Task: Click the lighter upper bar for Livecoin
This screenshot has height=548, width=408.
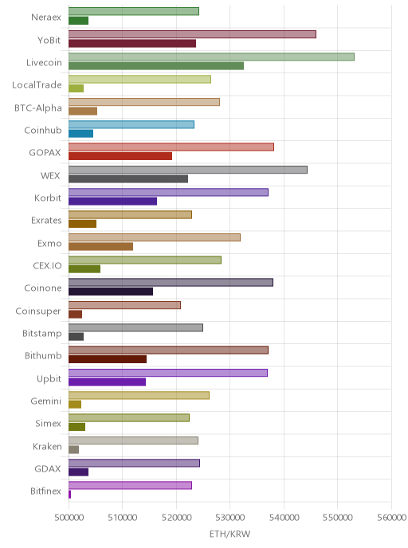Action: pyautogui.click(x=211, y=57)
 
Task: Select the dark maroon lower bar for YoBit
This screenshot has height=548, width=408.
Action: pyautogui.click(x=132, y=43)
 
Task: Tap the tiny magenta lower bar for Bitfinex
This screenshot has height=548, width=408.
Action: pyautogui.click(x=69, y=494)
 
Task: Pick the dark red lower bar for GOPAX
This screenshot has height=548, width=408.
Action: pyautogui.click(x=120, y=156)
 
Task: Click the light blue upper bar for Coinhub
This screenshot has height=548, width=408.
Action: pyautogui.click(x=131, y=124)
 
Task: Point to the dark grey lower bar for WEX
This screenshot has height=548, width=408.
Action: pyautogui.click(x=128, y=178)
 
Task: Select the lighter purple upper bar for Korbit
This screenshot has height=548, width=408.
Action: pyautogui.click(x=168, y=192)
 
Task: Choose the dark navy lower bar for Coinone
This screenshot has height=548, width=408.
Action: pyautogui.click(x=111, y=292)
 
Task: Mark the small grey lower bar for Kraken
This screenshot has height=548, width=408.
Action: pyautogui.click(x=73, y=449)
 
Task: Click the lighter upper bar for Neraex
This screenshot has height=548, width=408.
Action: pyautogui.click(x=134, y=11)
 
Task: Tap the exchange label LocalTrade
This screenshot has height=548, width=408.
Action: pyautogui.click(x=37, y=85)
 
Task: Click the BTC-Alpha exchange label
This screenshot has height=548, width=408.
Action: pyautogui.click(x=38, y=108)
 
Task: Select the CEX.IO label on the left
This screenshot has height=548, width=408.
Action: pyautogui.click(x=47, y=265)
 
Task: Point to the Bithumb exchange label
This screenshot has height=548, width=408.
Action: pyautogui.click(x=43, y=356)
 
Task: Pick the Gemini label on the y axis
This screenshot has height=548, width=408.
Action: pyautogui.click(x=45, y=401)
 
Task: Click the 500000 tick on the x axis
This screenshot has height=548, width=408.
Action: pyautogui.click(x=69, y=517)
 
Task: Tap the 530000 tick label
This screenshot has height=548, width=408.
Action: pyautogui.click(x=230, y=517)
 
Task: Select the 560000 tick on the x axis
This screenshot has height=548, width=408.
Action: pyautogui.click(x=391, y=517)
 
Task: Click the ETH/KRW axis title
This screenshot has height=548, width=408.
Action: pyautogui.click(x=229, y=534)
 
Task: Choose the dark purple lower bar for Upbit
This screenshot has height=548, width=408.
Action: pyautogui.click(x=107, y=382)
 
